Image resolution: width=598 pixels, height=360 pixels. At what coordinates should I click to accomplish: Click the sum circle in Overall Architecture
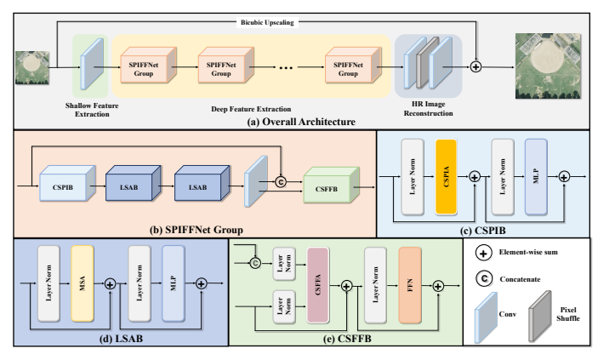click(x=476, y=66)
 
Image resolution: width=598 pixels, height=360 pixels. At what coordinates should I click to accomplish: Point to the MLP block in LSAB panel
click(x=172, y=280)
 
